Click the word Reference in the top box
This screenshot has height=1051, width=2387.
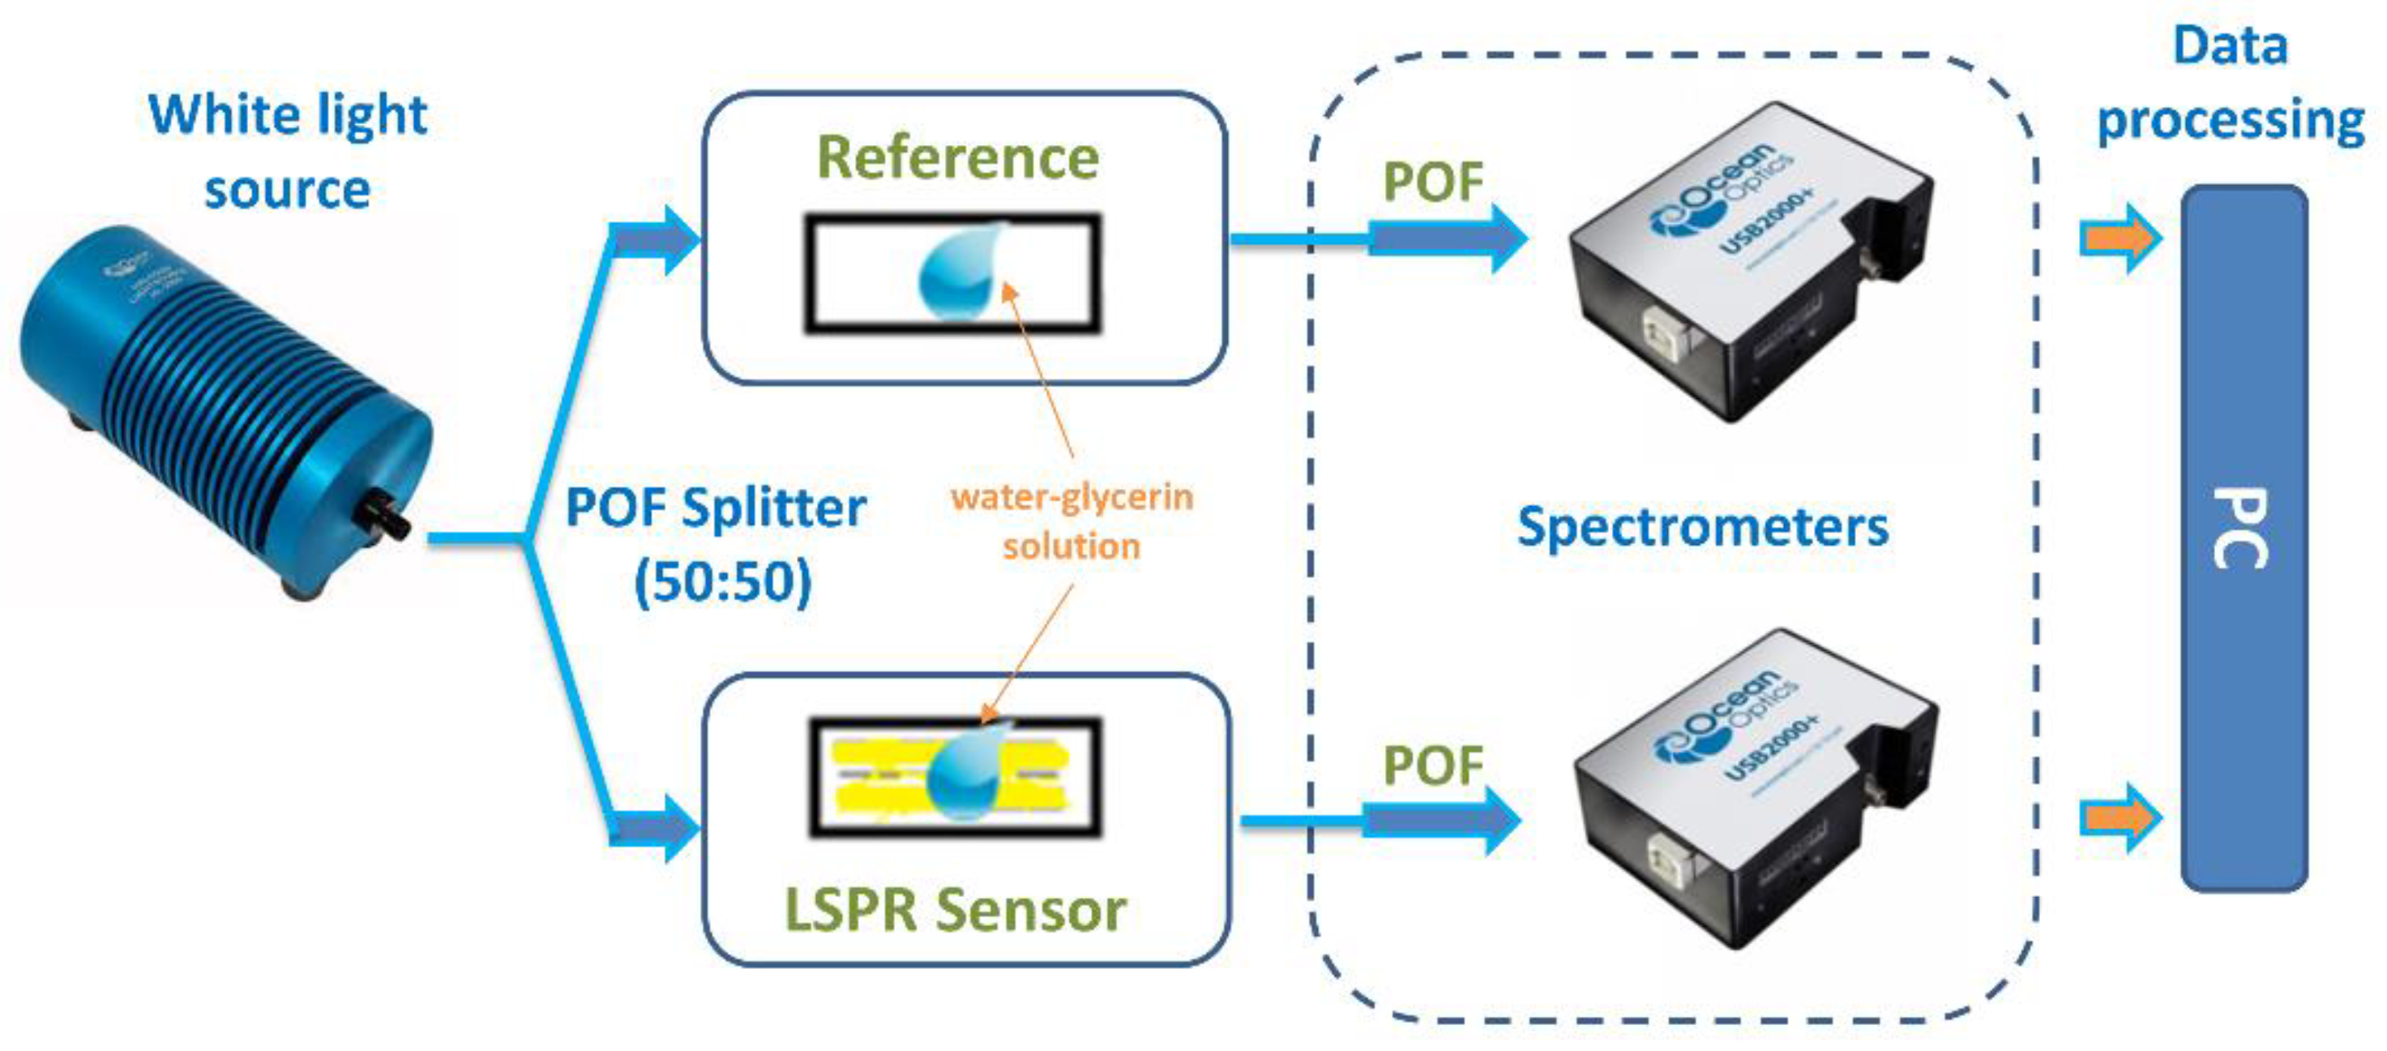(957, 158)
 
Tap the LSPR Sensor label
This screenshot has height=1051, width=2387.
(955, 909)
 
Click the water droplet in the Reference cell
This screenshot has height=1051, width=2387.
(959, 271)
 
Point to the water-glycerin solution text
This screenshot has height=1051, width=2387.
(1072, 521)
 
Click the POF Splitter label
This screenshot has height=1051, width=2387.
(716, 508)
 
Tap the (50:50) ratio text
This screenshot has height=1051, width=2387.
(722, 582)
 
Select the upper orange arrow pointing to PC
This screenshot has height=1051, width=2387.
(2118, 238)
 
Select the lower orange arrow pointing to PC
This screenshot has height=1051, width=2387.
(2118, 817)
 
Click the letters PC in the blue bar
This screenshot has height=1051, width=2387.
(2240, 528)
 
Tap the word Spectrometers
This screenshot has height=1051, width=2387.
(1702, 527)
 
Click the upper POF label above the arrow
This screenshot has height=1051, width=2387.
(1432, 182)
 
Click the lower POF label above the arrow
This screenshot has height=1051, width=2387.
(1432, 766)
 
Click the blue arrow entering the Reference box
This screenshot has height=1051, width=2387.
(657, 240)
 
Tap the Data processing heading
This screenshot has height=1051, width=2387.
(2231, 84)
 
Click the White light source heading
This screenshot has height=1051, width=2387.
(287, 152)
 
